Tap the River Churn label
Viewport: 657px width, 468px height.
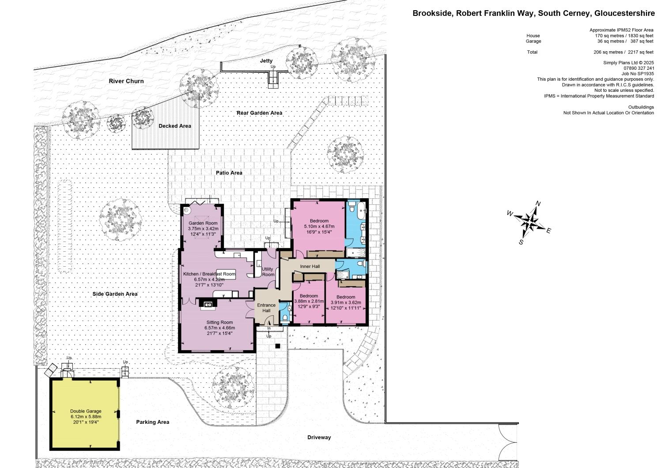click(126, 81)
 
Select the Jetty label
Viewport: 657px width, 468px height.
click(266, 61)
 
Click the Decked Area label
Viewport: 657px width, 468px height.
click(175, 126)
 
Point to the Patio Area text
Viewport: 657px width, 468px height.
click(229, 173)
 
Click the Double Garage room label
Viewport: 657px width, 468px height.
click(86, 411)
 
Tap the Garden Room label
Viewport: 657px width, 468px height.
click(203, 223)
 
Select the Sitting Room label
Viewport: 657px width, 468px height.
click(219, 322)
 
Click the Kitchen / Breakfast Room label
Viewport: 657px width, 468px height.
click(209, 274)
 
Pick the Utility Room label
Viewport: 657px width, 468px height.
click(268, 272)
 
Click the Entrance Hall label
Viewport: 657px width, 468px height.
click(266, 308)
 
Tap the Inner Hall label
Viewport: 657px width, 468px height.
click(310, 266)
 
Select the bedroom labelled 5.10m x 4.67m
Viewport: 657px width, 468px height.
click(319, 221)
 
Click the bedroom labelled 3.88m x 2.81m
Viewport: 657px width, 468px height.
click(309, 296)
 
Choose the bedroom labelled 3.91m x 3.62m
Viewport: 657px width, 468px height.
click(346, 297)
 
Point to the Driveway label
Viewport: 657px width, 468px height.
click(319, 438)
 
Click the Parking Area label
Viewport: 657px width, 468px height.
click(152, 422)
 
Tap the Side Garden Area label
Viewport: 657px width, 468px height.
click(115, 294)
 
